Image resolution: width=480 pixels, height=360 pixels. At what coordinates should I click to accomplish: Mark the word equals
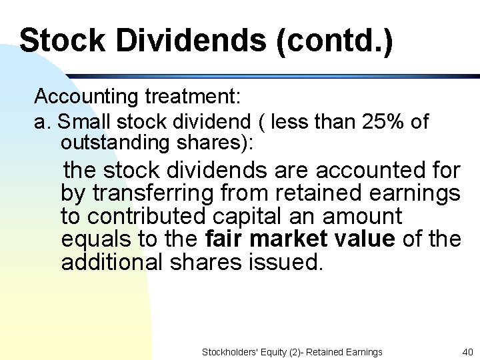pyautogui.click(x=93, y=239)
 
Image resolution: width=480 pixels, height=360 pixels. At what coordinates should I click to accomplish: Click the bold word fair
pyautogui.click(x=225, y=239)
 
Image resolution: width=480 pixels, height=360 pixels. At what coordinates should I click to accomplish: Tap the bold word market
pyautogui.click(x=290, y=239)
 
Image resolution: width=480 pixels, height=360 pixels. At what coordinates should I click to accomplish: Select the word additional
pyautogui.click(x=111, y=262)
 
